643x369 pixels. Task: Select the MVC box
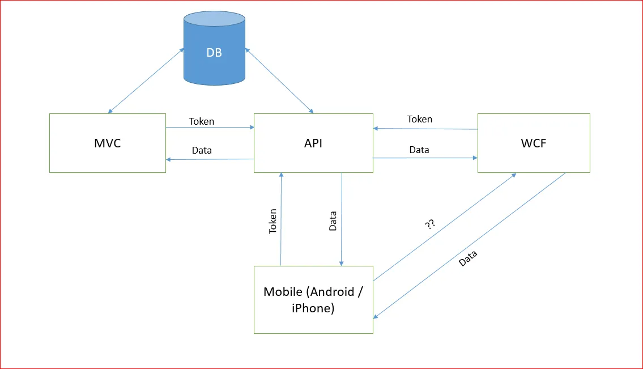(108, 143)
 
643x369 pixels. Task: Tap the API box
(313, 143)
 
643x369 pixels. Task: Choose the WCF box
(534, 143)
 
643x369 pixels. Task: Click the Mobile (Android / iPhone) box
(313, 300)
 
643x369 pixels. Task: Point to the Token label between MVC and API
(202, 121)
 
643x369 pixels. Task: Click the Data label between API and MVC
(202, 150)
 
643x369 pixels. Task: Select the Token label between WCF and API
(419, 119)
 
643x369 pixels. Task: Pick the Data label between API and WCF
(419, 150)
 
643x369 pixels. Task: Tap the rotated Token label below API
(273, 221)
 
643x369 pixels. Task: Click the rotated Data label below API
(333, 221)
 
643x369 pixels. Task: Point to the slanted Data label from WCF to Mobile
(468, 258)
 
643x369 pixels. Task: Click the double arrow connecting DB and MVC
(146, 80)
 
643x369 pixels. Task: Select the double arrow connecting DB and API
(279, 80)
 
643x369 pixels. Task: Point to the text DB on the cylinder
(214, 53)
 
